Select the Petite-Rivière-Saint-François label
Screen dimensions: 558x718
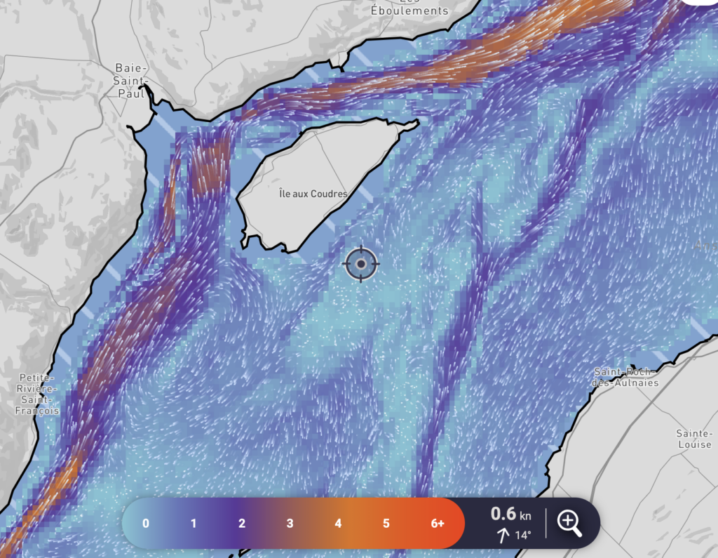pyautogui.click(x=39, y=394)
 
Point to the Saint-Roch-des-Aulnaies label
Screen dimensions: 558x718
pyautogui.click(x=626, y=377)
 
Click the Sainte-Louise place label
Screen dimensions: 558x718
pyautogui.click(x=694, y=439)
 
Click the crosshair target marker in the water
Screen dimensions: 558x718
pyautogui.click(x=361, y=264)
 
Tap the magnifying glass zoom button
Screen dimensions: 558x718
pyautogui.click(x=569, y=523)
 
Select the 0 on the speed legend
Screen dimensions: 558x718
pyautogui.click(x=145, y=524)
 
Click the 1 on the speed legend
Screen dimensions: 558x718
pyautogui.click(x=194, y=524)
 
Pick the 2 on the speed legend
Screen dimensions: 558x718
pyautogui.click(x=242, y=524)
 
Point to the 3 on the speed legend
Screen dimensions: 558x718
pyautogui.click(x=290, y=524)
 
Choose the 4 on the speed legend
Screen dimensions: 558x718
pyautogui.click(x=338, y=524)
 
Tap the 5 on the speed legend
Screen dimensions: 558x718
pyautogui.click(x=386, y=524)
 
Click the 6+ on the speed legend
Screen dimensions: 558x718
pyautogui.click(x=437, y=524)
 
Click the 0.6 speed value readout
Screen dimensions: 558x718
pyautogui.click(x=503, y=514)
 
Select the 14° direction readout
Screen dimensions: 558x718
pyautogui.click(x=522, y=536)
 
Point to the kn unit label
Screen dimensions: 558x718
pyautogui.click(x=525, y=517)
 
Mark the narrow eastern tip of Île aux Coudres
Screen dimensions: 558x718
pyautogui.click(x=414, y=124)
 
